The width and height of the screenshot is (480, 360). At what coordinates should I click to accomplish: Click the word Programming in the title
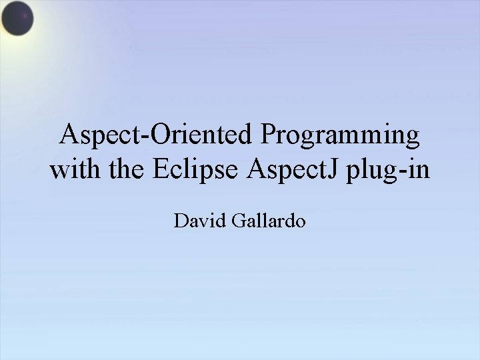tap(340, 137)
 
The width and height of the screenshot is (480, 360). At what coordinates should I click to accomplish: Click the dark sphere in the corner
tap(17, 18)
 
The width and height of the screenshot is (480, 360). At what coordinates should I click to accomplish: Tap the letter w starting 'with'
tap(58, 171)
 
